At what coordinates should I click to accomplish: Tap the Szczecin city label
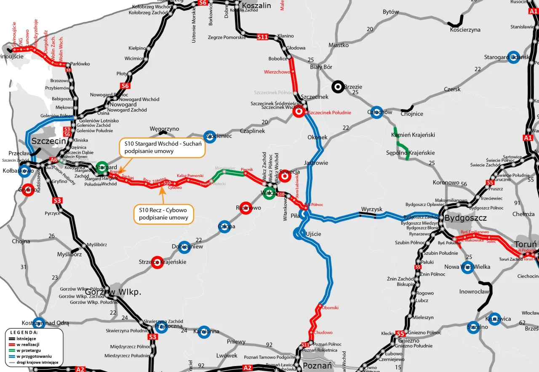click(49, 141)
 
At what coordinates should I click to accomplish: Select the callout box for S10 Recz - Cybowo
click(164, 214)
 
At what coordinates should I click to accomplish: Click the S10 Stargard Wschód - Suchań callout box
click(162, 148)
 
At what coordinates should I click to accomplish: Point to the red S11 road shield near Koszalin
click(262, 37)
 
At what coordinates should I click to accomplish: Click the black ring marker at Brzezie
click(337, 87)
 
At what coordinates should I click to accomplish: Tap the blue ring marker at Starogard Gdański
click(513, 57)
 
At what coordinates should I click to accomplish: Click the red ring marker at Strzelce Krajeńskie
click(157, 262)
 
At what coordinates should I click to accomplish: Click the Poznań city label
click(318, 366)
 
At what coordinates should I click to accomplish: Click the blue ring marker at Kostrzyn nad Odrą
click(39, 323)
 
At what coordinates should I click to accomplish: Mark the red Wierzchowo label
click(277, 72)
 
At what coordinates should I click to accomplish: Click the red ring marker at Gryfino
click(28, 190)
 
